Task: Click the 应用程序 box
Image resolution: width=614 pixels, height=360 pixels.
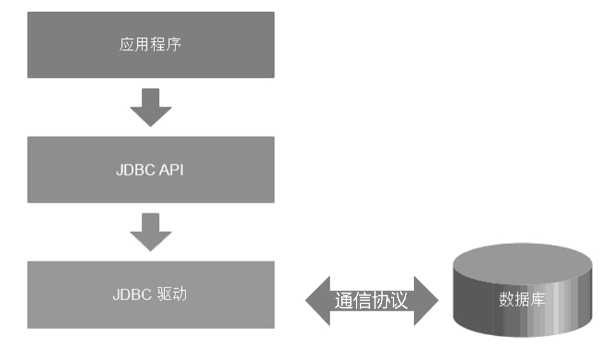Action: (x=151, y=45)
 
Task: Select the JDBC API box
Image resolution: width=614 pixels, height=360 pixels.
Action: (x=151, y=170)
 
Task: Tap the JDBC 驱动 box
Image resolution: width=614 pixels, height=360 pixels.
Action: (x=151, y=294)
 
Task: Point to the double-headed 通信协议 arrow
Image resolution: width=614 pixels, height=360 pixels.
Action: (x=372, y=300)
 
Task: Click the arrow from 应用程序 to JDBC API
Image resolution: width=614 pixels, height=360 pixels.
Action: (x=151, y=107)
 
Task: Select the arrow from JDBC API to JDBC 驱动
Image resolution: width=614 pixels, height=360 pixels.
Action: (x=151, y=232)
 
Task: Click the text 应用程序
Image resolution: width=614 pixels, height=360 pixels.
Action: (x=151, y=45)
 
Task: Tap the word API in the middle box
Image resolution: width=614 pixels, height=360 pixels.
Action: (x=172, y=170)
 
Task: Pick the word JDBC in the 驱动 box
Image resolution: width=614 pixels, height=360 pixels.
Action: (x=132, y=295)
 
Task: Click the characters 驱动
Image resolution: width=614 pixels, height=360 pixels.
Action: (x=172, y=295)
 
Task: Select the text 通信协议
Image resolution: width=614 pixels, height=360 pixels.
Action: (x=371, y=300)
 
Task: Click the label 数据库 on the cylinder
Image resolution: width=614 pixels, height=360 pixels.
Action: (x=522, y=300)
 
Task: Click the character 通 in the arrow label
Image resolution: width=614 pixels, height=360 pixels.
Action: (x=344, y=300)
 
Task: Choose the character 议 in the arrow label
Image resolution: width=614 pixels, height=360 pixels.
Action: (x=399, y=300)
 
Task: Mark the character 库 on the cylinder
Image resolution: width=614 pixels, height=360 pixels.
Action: (x=538, y=300)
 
